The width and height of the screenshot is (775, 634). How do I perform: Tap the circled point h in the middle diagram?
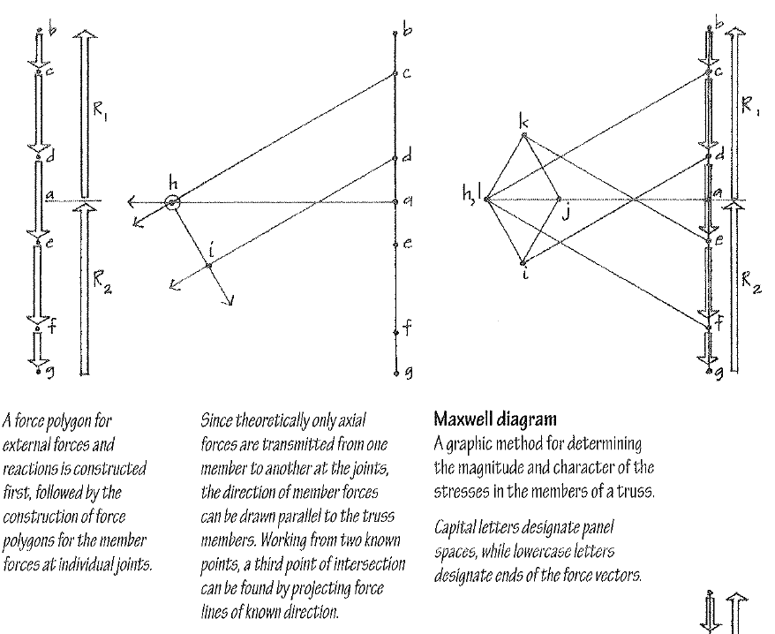click(x=173, y=203)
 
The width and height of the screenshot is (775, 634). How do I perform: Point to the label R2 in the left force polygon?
click(x=101, y=283)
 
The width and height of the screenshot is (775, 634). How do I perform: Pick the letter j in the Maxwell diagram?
click(x=567, y=211)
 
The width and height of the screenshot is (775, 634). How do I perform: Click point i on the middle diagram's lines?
click(x=209, y=264)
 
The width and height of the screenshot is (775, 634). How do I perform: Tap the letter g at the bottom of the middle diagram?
click(x=407, y=374)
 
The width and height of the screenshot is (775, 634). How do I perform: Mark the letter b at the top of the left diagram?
click(x=52, y=32)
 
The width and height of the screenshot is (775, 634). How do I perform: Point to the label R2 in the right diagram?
click(x=749, y=282)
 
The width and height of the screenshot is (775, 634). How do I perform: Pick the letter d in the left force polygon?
click(x=52, y=157)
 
